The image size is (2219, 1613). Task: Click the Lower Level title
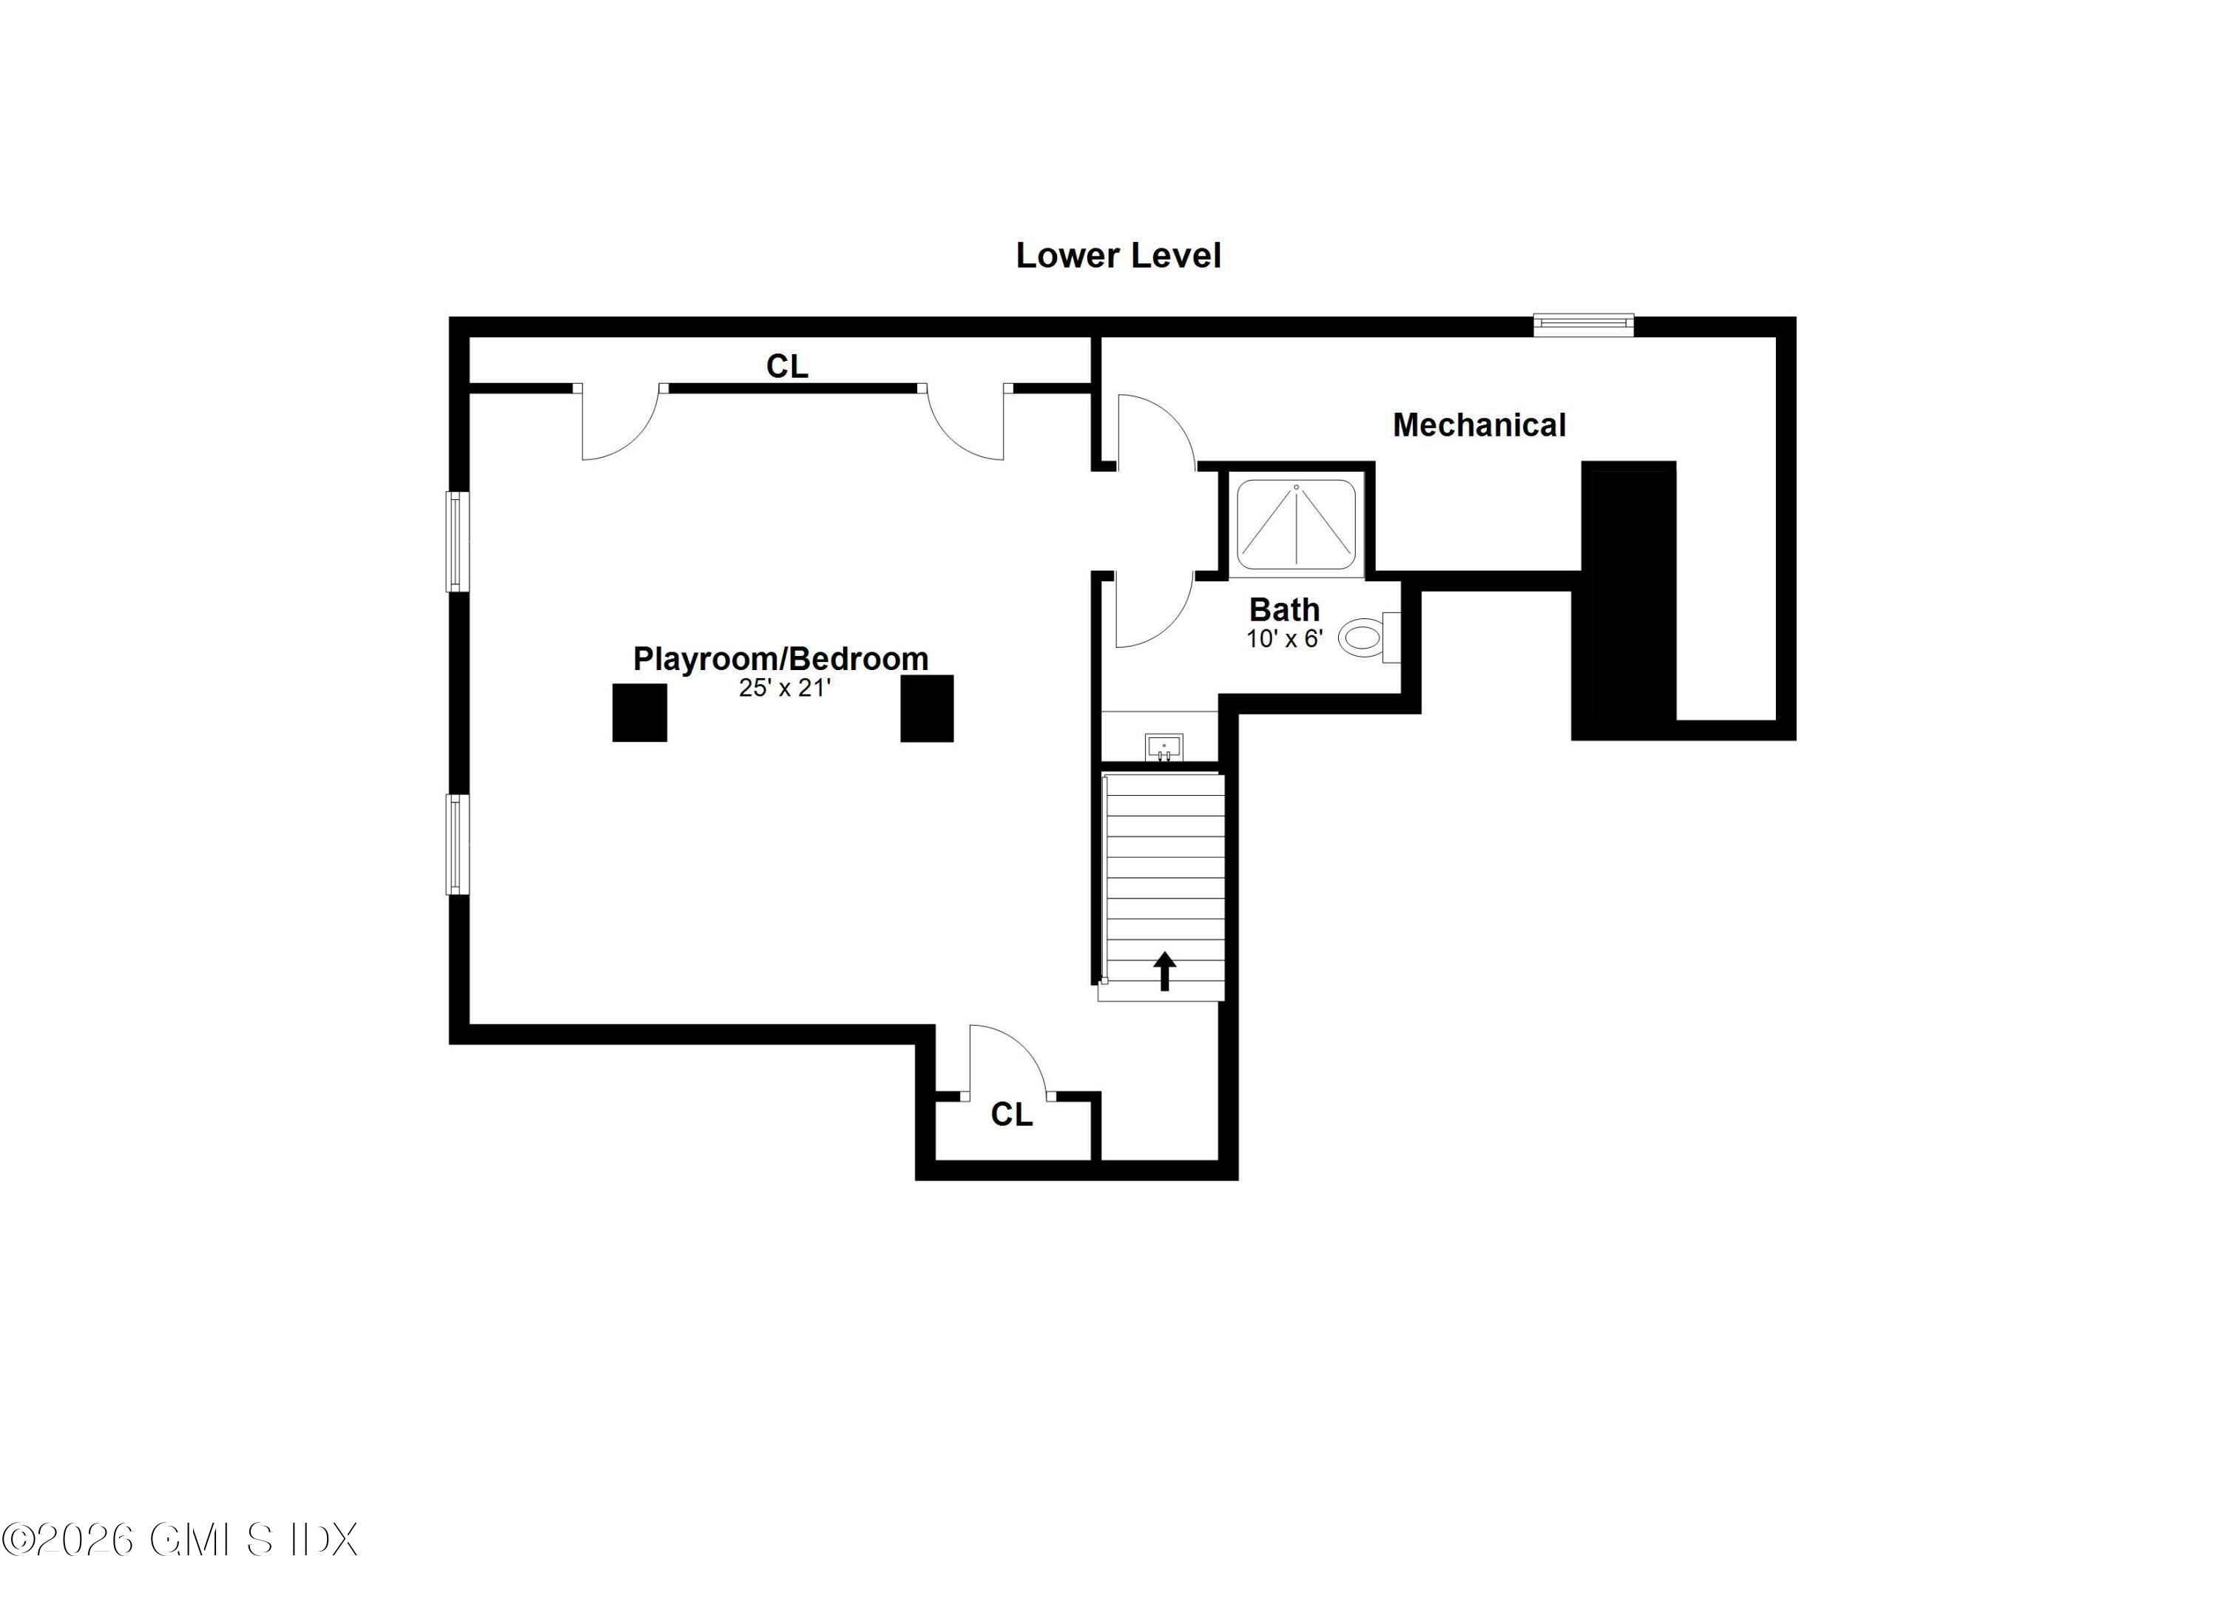[1118, 255]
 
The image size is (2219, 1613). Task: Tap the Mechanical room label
[1479, 425]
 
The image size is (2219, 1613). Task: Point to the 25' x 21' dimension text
[784, 688]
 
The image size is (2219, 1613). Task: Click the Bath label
[1283, 609]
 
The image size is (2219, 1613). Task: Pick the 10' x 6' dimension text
[1283, 639]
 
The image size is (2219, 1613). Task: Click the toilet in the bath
[1367, 638]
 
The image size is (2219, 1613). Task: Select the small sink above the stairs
[1163, 746]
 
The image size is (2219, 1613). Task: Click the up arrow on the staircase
[1164, 971]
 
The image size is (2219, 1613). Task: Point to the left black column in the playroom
[639, 712]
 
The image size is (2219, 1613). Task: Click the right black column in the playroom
[927, 709]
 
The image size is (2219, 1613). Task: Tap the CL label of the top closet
[786, 367]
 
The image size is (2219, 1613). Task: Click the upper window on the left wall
[457, 541]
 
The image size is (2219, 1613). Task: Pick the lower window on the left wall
[457, 844]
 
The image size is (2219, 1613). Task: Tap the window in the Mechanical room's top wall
[1582, 324]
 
